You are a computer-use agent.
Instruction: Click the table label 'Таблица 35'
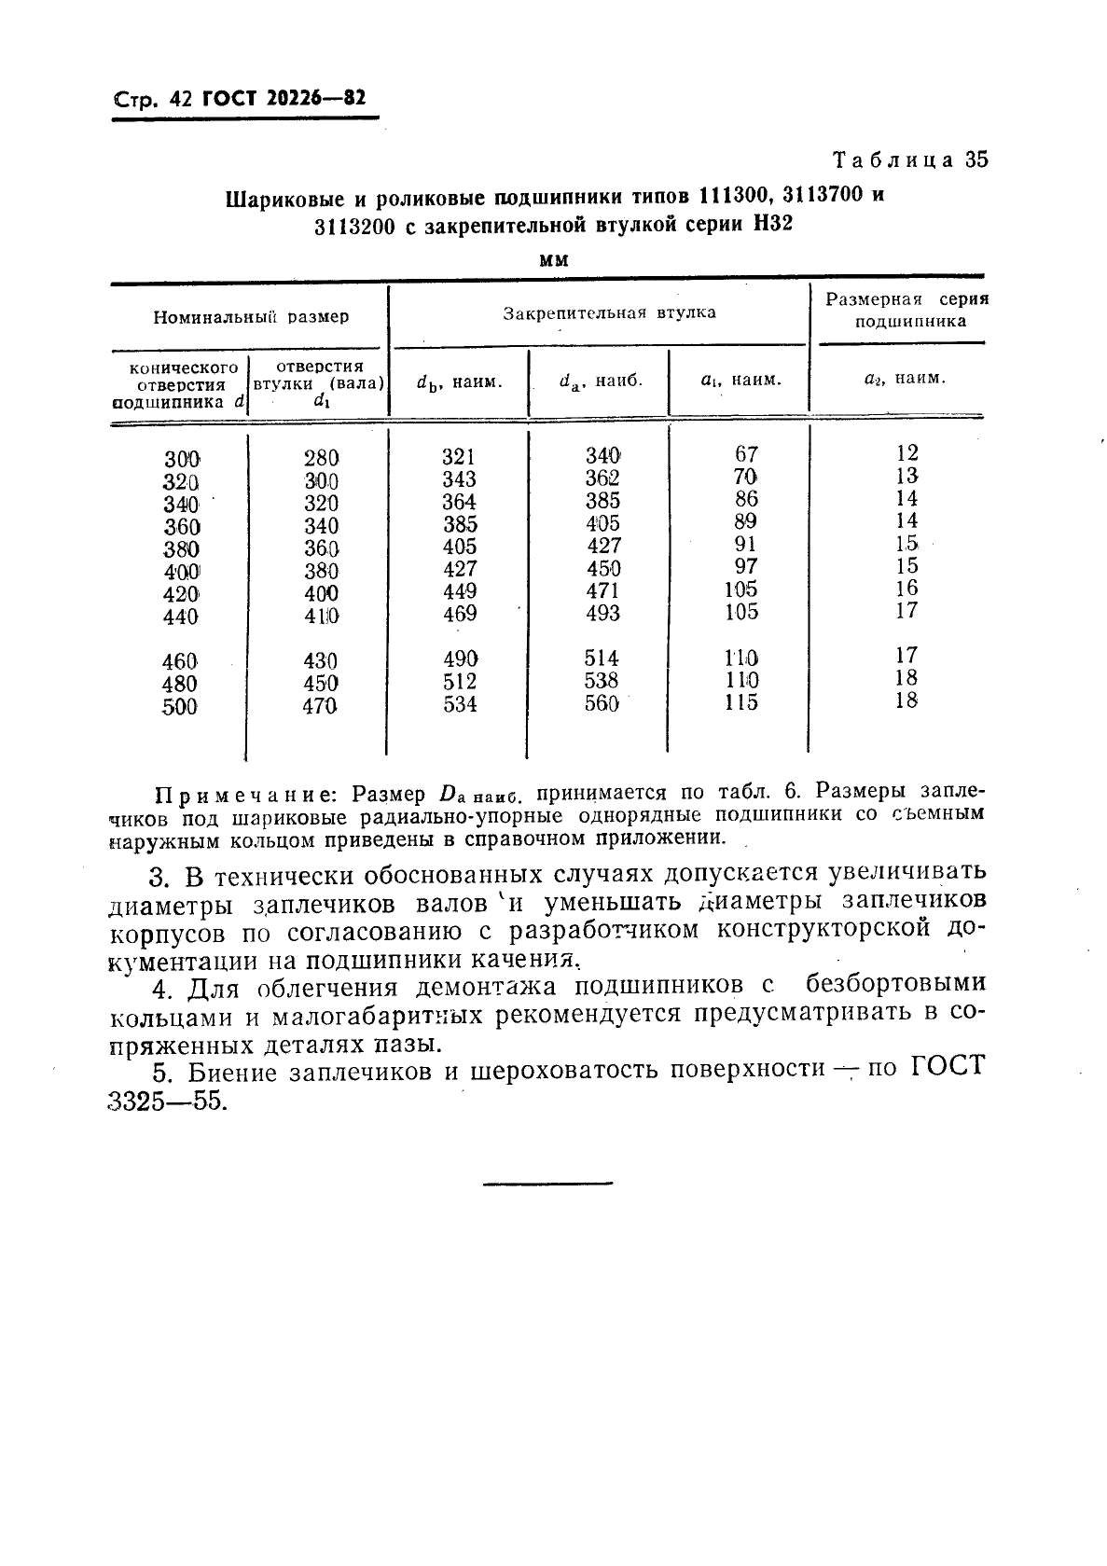point(910,159)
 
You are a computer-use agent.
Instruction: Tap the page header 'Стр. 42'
point(152,99)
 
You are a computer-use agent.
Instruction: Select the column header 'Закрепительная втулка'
point(610,313)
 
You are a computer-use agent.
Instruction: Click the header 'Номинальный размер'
point(251,317)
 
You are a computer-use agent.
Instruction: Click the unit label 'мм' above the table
point(554,260)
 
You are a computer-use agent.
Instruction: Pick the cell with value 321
point(459,457)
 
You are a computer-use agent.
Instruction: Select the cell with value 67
point(746,454)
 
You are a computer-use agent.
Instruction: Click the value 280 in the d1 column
point(321,458)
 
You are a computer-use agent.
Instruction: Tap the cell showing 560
point(602,704)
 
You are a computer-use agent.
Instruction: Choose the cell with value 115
point(741,703)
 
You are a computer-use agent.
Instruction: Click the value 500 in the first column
point(180,708)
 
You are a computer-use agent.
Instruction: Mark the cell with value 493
point(603,614)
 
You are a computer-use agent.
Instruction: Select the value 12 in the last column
point(906,453)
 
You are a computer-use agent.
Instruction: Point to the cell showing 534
point(460,704)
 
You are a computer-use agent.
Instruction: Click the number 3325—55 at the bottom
point(168,1101)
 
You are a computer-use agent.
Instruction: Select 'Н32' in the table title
point(769,225)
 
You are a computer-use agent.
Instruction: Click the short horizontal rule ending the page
point(547,1184)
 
